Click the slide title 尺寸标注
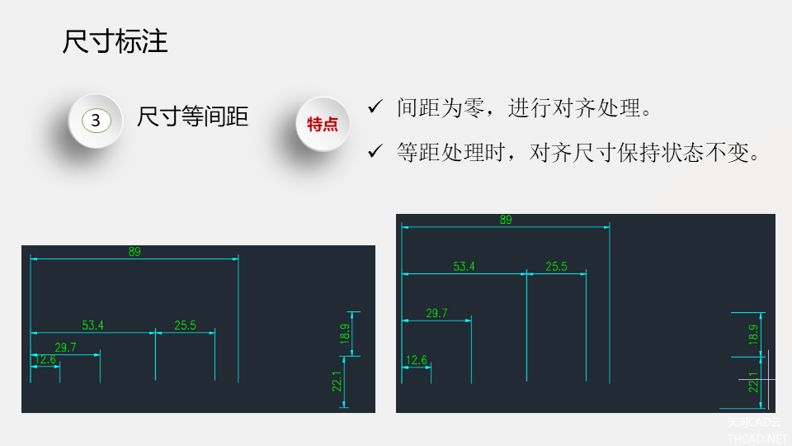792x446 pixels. (x=115, y=41)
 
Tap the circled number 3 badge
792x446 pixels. (x=96, y=121)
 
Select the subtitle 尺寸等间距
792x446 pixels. (x=192, y=116)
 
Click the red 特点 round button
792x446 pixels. (x=323, y=124)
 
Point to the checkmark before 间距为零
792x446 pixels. (x=375, y=107)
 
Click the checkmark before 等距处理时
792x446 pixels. (x=375, y=150)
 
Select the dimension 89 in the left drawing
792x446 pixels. (x=134, y=251)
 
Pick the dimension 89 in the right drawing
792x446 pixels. (x=506, y=220)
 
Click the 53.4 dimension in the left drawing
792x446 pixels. (x=93, y=325)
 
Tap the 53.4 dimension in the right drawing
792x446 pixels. (x=464, y=267)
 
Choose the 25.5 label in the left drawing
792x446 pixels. (x=186, y=325)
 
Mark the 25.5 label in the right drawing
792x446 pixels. (x=557, y=267)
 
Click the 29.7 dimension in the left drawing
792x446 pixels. (x=65, y=348)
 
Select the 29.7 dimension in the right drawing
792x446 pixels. (x=436, y=313)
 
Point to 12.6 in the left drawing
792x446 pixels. (x=45, y=359)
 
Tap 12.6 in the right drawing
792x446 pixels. (x=417, y=360)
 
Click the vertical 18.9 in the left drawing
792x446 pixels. (x=345, y=334)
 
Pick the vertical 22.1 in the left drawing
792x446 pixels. (x=337, y=382)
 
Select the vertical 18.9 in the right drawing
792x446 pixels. (x=753, y=334)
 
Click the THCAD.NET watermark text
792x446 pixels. (x=757, y=439)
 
